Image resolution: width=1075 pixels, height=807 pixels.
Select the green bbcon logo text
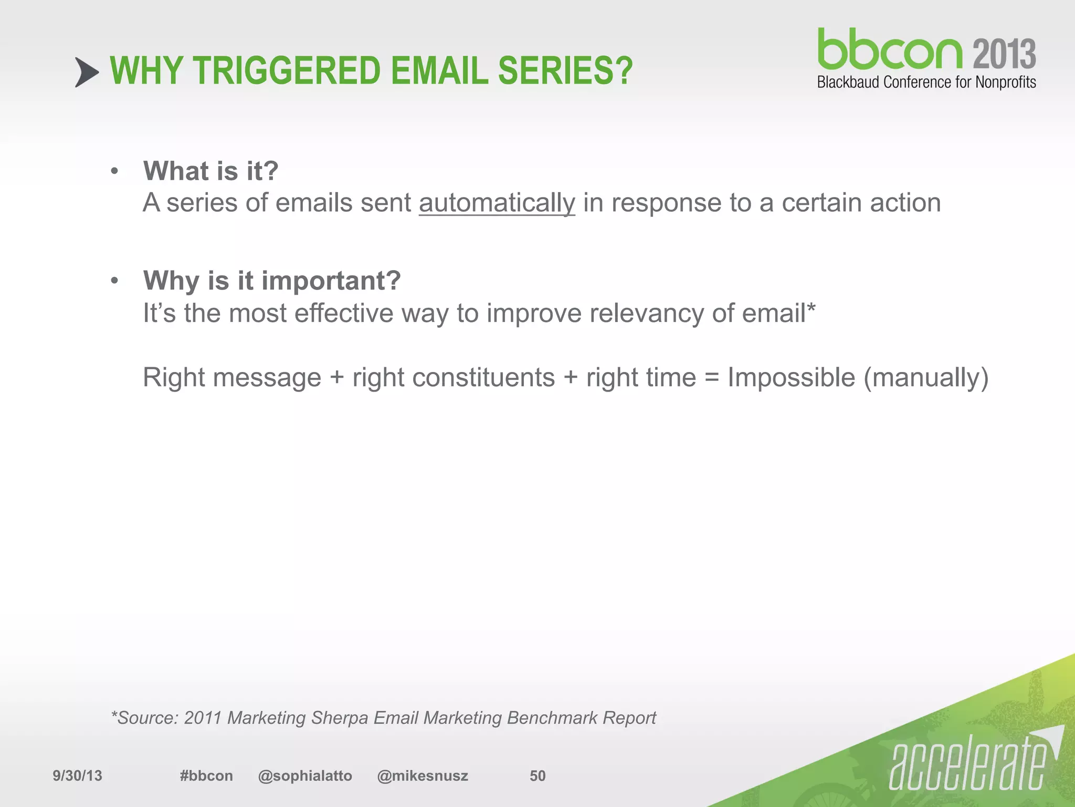890,49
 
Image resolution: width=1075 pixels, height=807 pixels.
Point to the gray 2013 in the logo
1004,54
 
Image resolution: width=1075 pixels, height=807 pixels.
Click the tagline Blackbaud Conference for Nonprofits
926,82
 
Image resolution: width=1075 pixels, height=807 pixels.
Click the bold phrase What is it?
211,171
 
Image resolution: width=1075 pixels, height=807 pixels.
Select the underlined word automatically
497,203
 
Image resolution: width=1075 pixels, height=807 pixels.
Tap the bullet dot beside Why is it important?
114,281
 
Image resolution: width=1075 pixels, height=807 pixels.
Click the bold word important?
331,281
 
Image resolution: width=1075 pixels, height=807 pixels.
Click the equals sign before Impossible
711,378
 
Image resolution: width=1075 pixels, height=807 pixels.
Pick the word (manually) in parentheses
926,378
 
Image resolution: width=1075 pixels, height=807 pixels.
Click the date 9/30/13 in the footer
77,775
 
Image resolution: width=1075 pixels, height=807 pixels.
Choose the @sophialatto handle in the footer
305,775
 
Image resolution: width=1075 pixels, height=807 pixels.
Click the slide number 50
537,775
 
